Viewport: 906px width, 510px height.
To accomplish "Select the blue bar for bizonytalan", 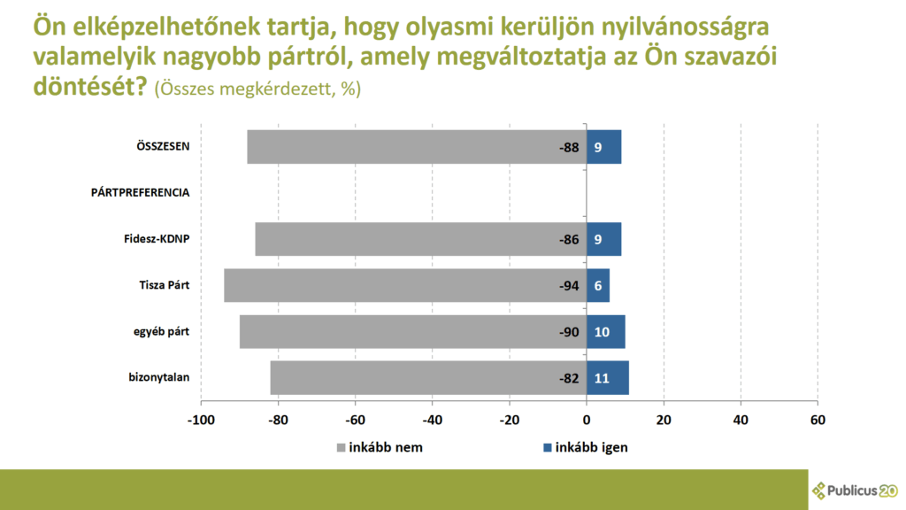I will click(608, 378).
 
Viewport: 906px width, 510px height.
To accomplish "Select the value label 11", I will click(602, 379).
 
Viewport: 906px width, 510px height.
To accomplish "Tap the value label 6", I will click(598, 286).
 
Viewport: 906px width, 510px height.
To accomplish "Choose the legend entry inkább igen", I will click(583, 447).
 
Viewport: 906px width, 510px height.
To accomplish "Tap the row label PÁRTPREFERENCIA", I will click(140, 192).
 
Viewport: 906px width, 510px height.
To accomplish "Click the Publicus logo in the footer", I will click(854, 490).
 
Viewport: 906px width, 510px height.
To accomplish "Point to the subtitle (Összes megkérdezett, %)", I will click(257, 89).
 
